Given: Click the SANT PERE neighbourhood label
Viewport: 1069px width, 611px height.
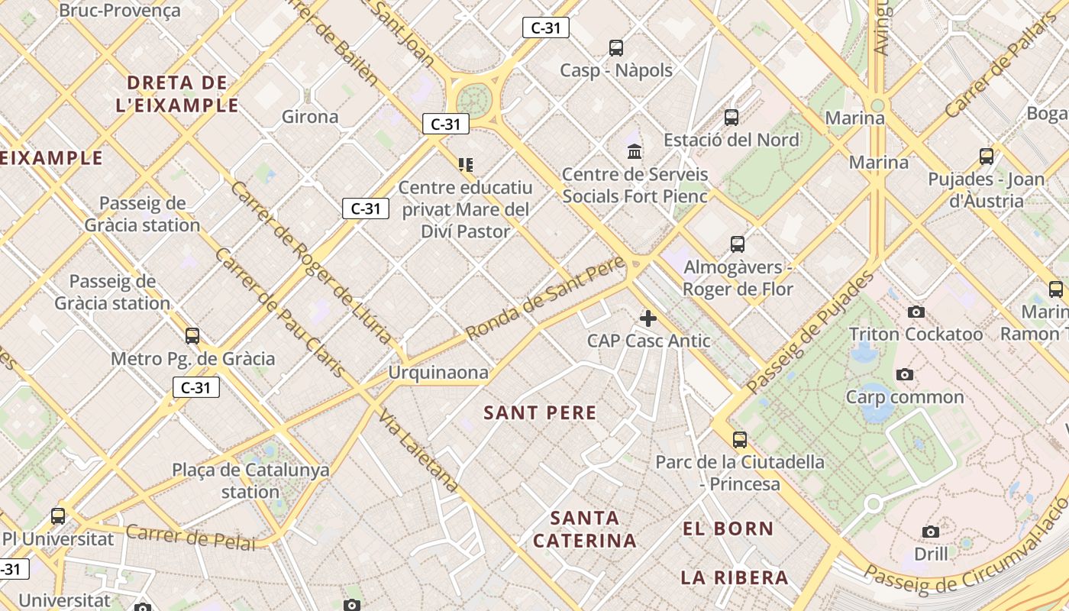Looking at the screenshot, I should click(540, 413).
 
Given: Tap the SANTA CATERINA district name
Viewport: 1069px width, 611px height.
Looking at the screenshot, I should click(584, 529).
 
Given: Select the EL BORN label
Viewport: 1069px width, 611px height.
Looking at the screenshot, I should click(728, 529).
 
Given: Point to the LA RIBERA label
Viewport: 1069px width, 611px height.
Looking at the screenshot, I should click(734, 577).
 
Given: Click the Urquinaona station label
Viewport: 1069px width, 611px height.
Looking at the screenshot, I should click(438, 373).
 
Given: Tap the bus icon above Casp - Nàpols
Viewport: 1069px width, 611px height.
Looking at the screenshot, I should click(616, 48).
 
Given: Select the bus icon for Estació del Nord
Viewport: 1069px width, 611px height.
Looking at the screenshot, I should click(732, 118).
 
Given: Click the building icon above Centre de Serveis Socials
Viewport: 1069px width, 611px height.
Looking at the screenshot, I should click(635, 151).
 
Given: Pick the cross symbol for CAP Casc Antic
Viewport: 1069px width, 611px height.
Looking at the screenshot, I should click(648, 318).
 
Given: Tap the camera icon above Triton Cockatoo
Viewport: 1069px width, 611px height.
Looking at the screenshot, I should click(916, 312).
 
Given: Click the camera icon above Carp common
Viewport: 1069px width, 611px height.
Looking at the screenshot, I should click(905, 374).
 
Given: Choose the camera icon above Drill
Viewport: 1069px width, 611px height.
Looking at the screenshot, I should click(930, 532).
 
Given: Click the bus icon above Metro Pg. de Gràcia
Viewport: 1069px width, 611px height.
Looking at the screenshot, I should click(192, 336).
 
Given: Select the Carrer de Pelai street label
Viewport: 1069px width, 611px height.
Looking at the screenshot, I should click(191, 537).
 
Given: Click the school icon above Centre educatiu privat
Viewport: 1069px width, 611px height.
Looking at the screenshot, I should click(466, 165).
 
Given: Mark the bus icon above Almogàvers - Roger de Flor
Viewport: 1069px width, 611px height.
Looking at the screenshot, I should click(737, 244).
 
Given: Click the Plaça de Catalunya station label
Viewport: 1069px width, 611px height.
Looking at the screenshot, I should click(250, 480).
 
